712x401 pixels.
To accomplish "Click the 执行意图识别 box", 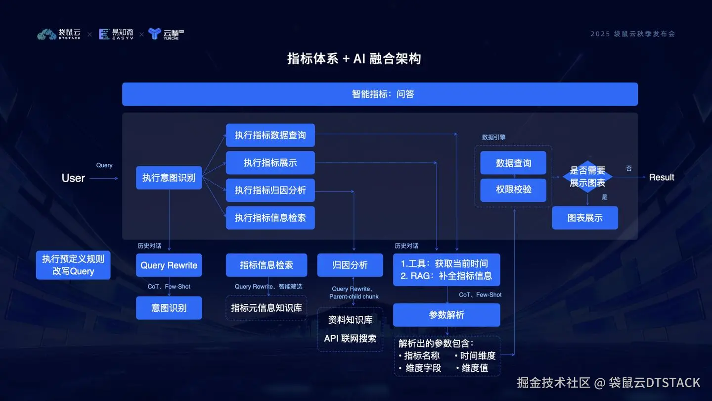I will tap(169, 178).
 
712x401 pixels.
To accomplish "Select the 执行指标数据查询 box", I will tap(270, 135).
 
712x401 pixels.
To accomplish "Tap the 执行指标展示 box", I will tap(270, 163).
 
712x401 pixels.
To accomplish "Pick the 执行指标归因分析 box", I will tap(270, 190).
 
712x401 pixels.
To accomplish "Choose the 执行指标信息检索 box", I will tap(270, 218).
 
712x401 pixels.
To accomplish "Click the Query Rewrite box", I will tap(169, 265).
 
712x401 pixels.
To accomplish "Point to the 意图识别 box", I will tap(169, 308).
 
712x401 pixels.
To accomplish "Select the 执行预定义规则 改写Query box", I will tap(73, 265).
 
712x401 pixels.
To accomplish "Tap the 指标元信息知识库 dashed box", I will tap(267, 308).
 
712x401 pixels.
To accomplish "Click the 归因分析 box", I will tap(350, 265).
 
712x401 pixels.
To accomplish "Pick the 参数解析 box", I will tap(446, 315).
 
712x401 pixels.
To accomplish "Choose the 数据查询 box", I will tap(513, 163).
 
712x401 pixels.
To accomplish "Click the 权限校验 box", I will tap(513, 190).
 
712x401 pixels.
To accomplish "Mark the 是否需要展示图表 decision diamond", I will tap(587, 177).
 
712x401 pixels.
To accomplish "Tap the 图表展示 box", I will tap(585, 218).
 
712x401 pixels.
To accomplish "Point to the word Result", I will tap(662, 177).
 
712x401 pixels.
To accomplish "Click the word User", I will tap(73, 178).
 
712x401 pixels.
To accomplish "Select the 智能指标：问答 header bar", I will tap(380, 94).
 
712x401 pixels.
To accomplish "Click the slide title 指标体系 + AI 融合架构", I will tap(354, 59).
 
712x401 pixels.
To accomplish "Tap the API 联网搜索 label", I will tap(350, 339).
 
